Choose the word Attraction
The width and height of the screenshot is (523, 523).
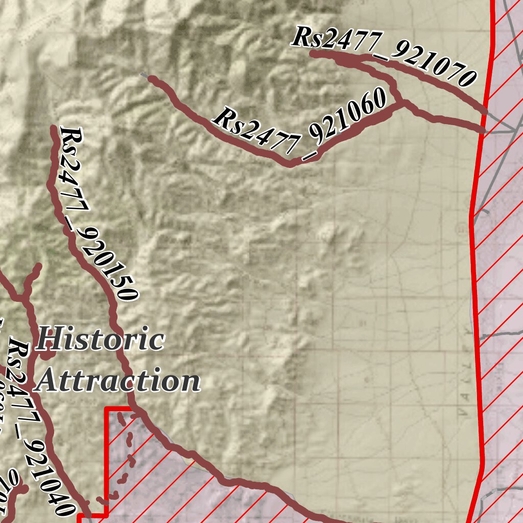119,381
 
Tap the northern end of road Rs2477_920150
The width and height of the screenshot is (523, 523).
54,128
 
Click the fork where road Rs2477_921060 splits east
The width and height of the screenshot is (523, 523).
403,104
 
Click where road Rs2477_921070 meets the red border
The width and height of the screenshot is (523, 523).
484,110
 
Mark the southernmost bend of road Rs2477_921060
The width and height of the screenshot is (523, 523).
290,164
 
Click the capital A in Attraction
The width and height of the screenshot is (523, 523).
50,381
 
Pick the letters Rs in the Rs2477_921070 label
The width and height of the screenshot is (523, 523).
305,37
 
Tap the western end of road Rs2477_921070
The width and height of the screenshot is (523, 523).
313,53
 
